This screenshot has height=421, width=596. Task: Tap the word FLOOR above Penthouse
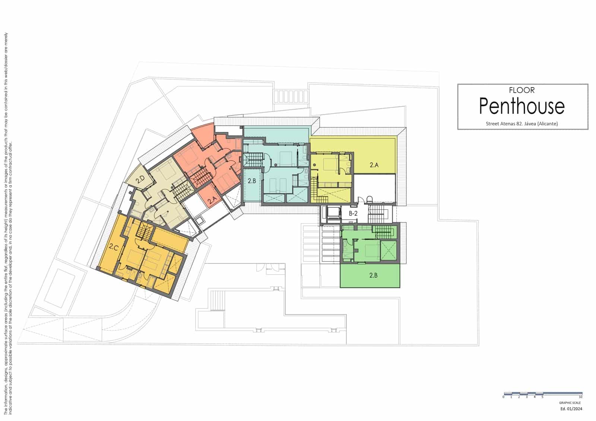click(521, 90)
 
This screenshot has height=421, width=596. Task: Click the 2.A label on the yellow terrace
click(374, 165)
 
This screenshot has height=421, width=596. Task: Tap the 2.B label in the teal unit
click(252, 181)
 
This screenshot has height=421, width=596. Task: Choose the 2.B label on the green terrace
click(373, 275)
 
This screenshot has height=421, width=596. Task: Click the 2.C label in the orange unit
click(114, 246)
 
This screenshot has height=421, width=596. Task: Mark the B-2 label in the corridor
click(353, 214)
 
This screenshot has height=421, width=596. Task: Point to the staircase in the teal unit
click(253, 161)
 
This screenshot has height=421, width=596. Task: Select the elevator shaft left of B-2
click(333, 213)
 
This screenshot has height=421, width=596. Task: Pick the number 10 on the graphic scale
click(581, 397)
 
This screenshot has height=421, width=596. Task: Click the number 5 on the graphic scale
click(542, 397)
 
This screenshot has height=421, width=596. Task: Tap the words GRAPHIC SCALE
click(570, 403)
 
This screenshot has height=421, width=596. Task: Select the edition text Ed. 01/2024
click(571, 409)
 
